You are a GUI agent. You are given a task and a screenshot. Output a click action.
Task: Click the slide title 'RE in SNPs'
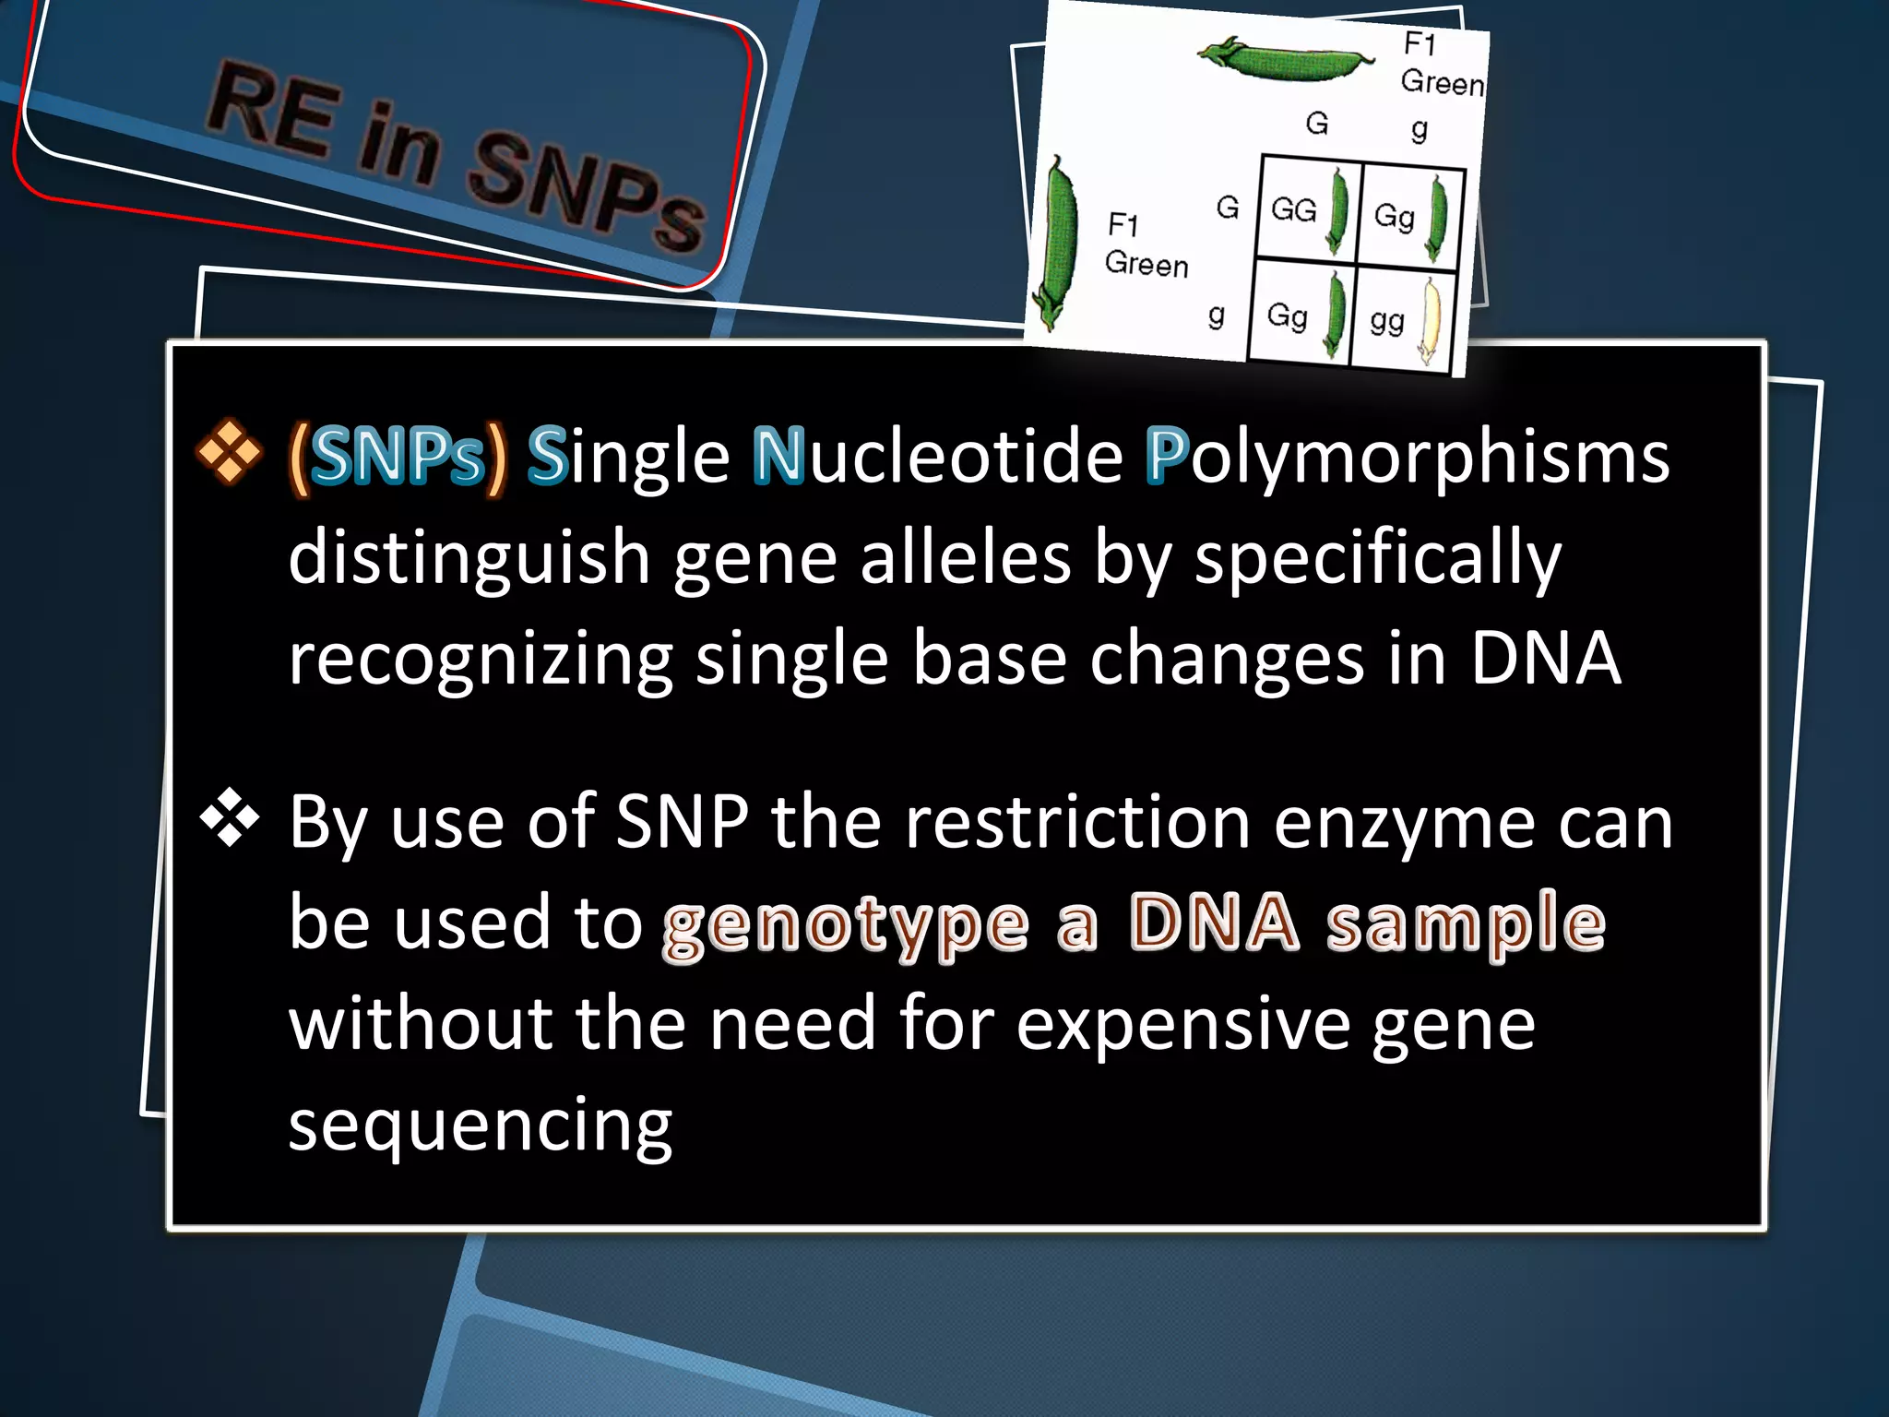click(x=457, y=155)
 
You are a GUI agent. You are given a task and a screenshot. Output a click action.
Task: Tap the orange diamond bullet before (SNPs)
click(x=229, y=452)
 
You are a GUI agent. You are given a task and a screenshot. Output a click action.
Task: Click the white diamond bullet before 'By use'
click(x=229, y=817)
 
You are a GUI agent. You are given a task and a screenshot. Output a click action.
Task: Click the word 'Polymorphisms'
click(x=1408, y=458)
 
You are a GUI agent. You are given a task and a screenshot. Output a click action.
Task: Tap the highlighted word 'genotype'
click(x=845, y=924)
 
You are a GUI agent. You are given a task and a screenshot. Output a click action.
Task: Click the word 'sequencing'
click(x=481, y=1125)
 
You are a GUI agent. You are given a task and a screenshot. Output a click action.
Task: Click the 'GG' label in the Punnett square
click(x=1293, y=210)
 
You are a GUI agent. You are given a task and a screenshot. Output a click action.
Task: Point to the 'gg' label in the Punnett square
click(x=1386, y=320)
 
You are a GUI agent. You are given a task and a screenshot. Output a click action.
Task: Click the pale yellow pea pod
click(x=1431, y=322)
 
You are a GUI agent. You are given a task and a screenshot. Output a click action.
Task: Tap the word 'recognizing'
click(x=481, y=660)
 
